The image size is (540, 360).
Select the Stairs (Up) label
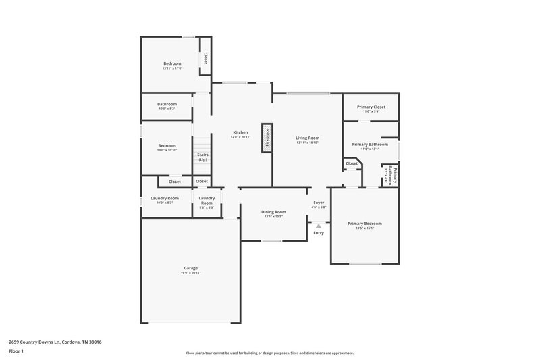(202, 157)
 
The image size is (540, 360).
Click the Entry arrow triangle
(319, 226)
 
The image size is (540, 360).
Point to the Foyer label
(319, 202)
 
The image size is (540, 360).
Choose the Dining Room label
(273, 212)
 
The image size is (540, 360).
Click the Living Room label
(307, 138)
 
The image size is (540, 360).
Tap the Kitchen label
(240, 132)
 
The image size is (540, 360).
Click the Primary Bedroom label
(364, 224)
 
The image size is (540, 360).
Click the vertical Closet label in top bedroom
(205, 59)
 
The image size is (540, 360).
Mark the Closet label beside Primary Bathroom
(352, 163)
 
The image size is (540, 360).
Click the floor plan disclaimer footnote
(269, 353)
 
